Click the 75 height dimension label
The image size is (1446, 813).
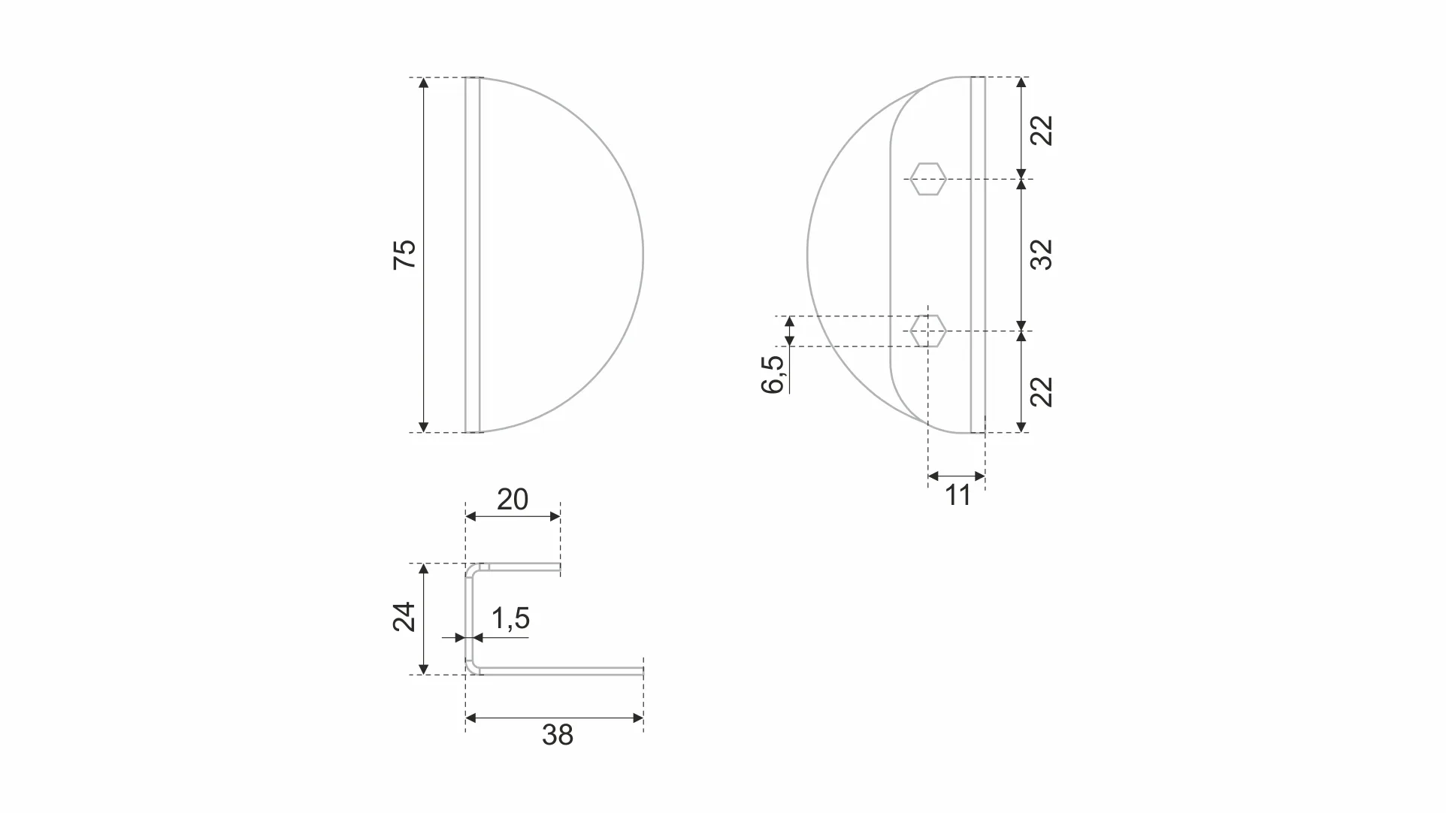(x=404, y=255)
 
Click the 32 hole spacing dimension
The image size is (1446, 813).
(x=1042, y=255)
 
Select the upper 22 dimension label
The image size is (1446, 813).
(x=1042, y=130)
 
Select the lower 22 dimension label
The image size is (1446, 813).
(x=1042, y=391)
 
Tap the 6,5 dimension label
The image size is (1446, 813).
(x=773, y=374)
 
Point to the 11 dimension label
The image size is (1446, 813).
(x=957, y=496)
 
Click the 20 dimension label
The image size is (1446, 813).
(x=513, y=500)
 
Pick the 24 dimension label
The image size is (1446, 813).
(x=404, y=617)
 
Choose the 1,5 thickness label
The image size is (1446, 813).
(x=510, y=618)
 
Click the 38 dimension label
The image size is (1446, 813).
(x=557, y=735)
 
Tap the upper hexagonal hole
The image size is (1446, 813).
(x=927, y=179)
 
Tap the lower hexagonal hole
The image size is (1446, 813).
(x=927, y=331)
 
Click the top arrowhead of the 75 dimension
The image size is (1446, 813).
(x=424, y=83)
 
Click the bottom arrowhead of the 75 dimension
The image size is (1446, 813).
(x=424, y=427)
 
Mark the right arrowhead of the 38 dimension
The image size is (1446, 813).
(x=638, y=718)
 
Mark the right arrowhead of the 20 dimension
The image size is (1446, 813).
(x=555, y=516)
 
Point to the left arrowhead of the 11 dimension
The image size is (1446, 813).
(x=933, y=476)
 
